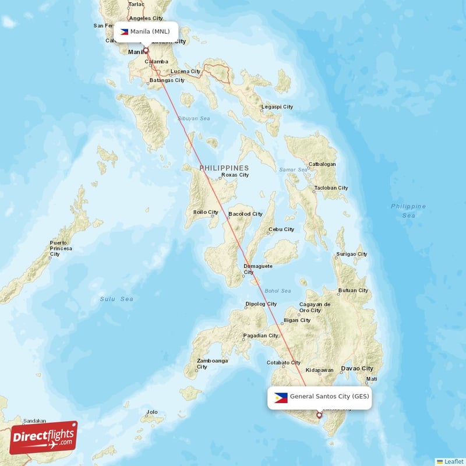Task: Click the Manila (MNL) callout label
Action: click(x=146, y=31)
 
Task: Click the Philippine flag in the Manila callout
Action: click(x=124, y=31)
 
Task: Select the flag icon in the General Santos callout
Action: click(x=281, y=397)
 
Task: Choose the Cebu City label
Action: click(x=281, y=230)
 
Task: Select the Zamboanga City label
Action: click(x=212, y=363)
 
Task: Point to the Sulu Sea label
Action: click(x=116, y=299)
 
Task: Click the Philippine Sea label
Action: click(x=408, y=211)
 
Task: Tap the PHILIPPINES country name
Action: click(x=224, y=168)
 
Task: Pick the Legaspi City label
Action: click(x=277, y=107)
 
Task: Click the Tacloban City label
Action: click(x=331, y=188)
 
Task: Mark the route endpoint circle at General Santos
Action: click(x=319, y=415)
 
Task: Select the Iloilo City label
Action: click(x=206, y=212)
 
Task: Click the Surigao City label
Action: click(x=351, y=255)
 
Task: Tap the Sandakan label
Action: click(x=34, y=421)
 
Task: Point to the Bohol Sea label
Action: click(x=277, y=291)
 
